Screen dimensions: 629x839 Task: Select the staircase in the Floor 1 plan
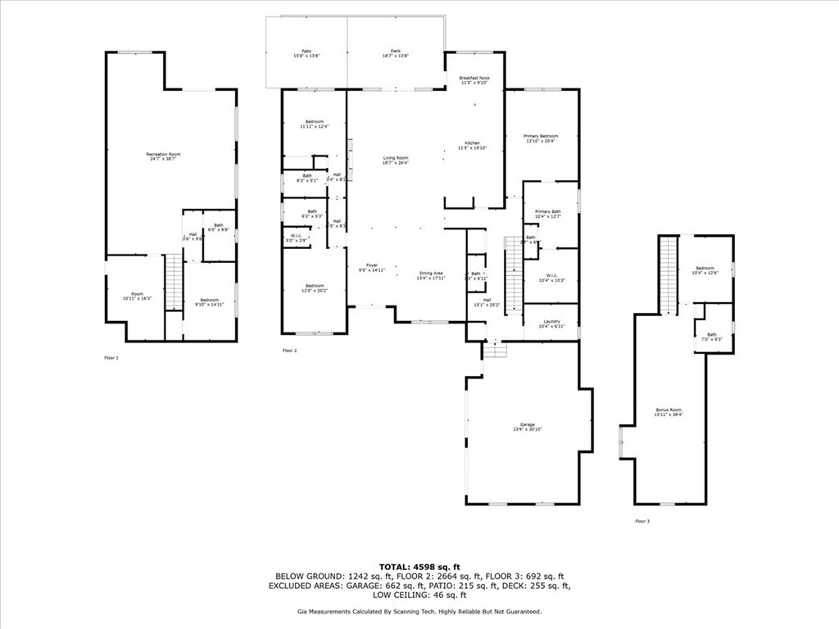point(173,282)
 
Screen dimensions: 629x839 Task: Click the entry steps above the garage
point(495,350)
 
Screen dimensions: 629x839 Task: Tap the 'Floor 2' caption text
point(289,351)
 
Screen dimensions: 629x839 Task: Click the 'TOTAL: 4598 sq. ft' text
point(419,567)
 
